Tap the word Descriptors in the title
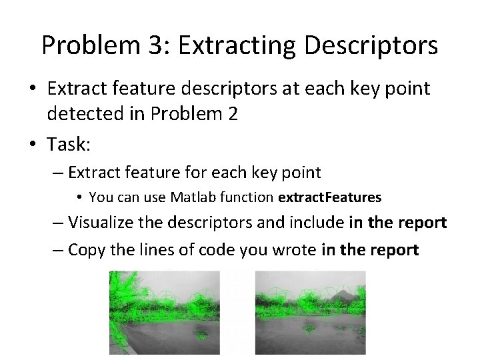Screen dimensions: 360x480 376,45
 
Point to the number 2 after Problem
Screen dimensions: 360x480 231,114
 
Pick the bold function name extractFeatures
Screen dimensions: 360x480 330,197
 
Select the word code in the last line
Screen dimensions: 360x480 208,250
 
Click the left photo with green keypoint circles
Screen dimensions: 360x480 164,312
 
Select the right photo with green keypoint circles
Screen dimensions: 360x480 311,312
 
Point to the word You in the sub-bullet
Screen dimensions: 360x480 99,197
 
